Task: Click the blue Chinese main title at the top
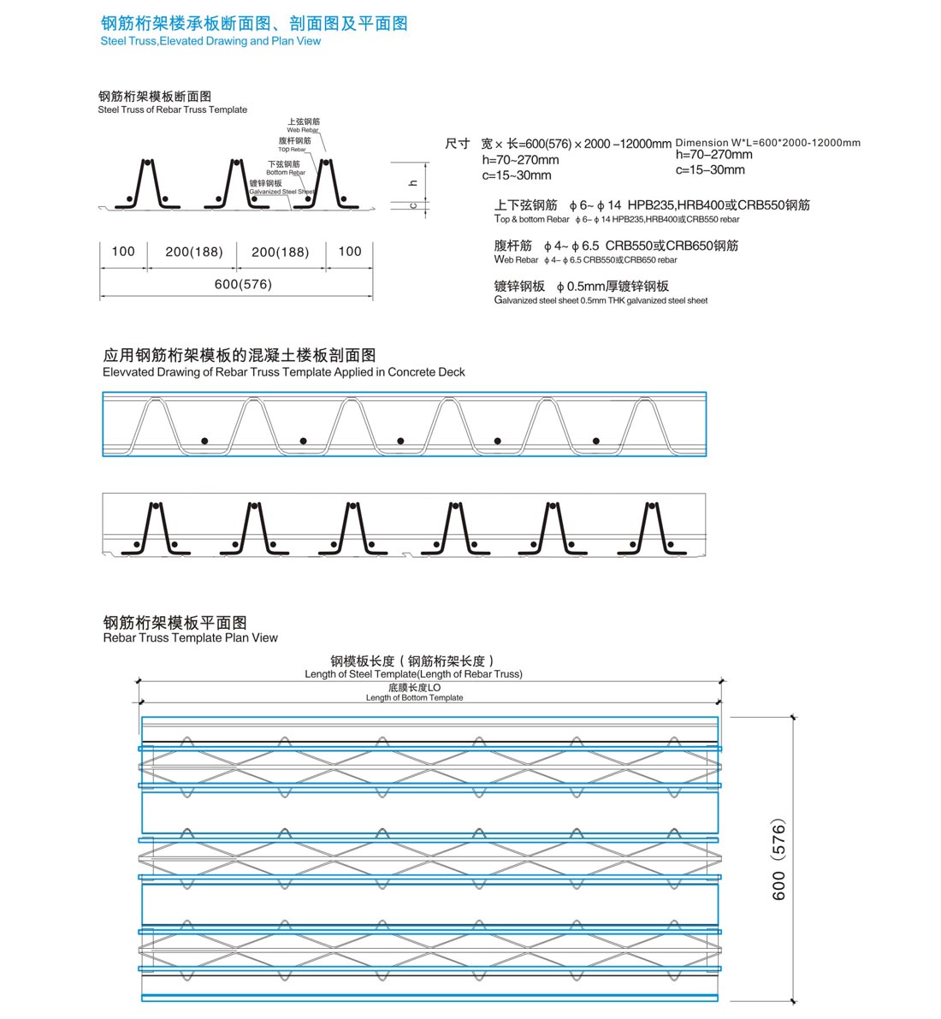[254, 23]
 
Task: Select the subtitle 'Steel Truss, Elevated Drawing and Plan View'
[210, 41]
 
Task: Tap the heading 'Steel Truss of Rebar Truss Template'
[172, 110]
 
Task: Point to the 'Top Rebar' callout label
[292, 150]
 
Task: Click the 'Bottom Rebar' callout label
[286, 173]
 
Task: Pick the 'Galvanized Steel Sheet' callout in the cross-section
[282, 192]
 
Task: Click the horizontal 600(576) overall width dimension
[243, 284]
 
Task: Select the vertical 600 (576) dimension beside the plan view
[778, 860]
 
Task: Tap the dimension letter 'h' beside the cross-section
[412, 183]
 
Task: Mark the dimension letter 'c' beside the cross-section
[412, 205]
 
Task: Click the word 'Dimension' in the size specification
[701, 143]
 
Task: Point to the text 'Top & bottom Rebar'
[531, 220]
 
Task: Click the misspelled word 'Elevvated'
[127, 372]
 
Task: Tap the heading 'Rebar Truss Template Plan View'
[190, 637]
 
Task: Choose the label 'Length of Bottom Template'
[414, 698]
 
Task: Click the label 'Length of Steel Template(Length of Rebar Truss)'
[413, 674]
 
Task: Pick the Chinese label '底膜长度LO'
[414, 687]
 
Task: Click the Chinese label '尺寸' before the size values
[457, 144]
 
